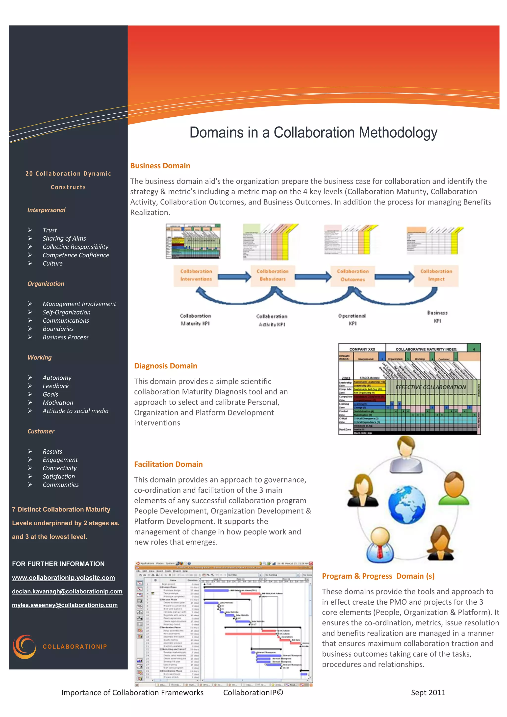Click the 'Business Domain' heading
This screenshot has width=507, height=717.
click(x=160, y=166)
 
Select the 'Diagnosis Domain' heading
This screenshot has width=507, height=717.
click(x=165, y=366)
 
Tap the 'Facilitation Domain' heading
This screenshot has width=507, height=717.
click(x=168, y=464)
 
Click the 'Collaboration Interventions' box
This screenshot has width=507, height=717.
click(x=196, y=275)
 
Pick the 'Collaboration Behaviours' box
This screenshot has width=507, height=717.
click(x=273, y=275)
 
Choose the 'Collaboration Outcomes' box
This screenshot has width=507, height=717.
click(x=353, y=275)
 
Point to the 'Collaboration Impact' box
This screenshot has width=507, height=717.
click(x=436, y=275)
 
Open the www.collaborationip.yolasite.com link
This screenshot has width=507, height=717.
click(x=63, y=578)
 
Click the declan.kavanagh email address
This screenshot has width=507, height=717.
click(x=67, y=591)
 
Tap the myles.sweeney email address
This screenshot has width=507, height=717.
click(x=65, y=605)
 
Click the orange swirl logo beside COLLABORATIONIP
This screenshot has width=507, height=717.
click(x=24, y=646)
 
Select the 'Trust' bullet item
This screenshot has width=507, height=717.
click(x=50, y=230)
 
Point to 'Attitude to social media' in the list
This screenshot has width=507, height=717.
click(x=76, y=411)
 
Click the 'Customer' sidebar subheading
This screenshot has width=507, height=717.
click(x=41, y=431)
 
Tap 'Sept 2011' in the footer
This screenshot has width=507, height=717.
click(x=428, y=693)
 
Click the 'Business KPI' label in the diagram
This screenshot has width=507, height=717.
click(x=437, y=317)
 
